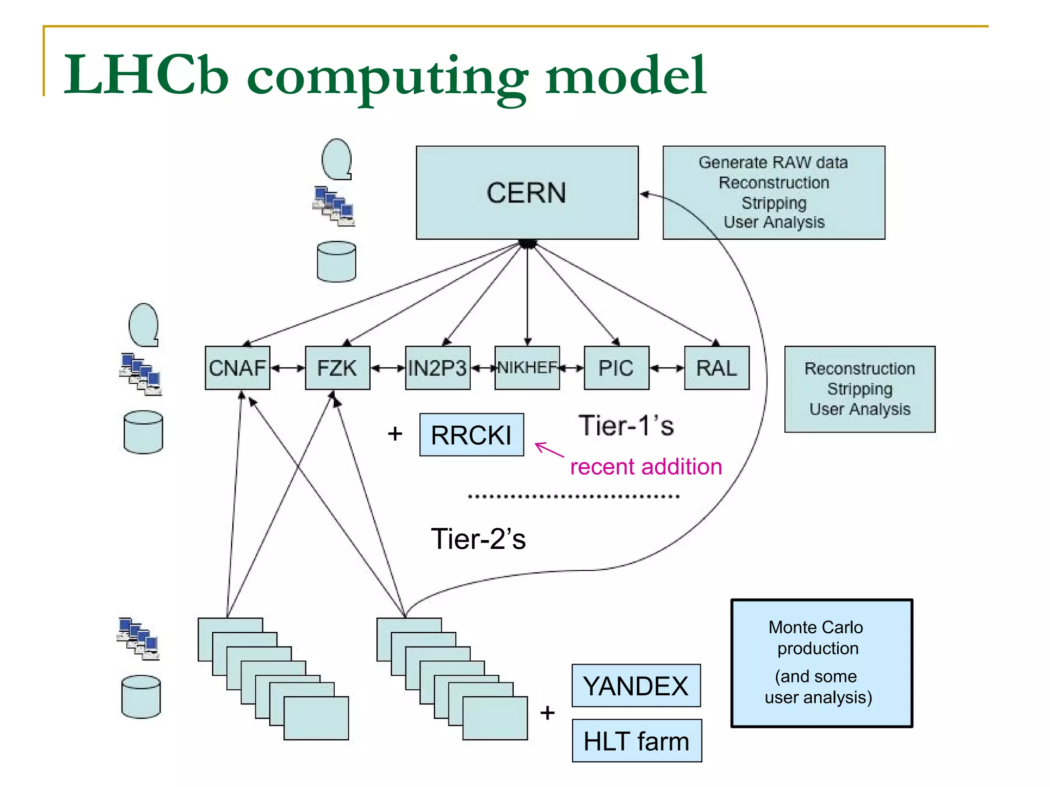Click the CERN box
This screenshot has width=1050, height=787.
(527, 193)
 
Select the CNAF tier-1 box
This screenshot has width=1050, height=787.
(237, 368)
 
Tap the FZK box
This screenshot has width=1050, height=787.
(337, 368)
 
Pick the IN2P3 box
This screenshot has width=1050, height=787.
(437, 368)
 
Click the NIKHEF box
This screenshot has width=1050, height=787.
(527, 367)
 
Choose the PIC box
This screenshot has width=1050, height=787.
(616, 368)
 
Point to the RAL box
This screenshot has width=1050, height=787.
(716, 368)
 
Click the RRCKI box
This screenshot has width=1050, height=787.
(471, 435)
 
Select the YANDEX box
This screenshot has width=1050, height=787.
(636, 686)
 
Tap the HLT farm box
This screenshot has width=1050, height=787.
(636, 741)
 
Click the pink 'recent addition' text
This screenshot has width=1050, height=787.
(645, 467)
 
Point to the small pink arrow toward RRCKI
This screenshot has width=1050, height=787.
(549, 449)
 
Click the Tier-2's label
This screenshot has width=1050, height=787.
(478, 539)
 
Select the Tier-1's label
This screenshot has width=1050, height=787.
(626, 426)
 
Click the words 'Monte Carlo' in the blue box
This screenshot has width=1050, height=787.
(815, 627)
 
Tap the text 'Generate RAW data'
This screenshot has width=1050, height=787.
(773, 162)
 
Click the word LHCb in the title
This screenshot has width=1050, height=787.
(146, 75)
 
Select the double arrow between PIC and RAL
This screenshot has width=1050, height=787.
(667, 368)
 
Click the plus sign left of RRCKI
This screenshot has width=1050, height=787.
(395, 434)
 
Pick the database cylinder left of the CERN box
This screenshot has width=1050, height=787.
(336, 261)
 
